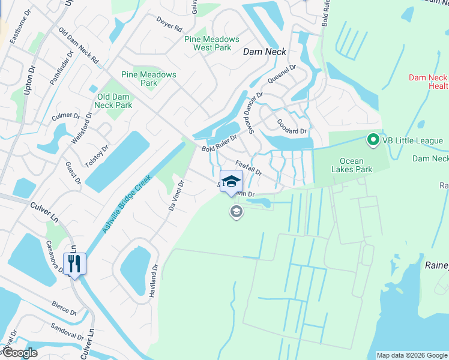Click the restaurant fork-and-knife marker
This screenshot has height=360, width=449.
74,263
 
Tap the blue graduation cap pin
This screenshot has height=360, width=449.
231,181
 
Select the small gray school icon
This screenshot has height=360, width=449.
237,211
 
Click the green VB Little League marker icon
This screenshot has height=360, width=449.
373,141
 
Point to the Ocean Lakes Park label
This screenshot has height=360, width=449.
356,165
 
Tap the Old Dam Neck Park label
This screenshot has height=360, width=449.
115,101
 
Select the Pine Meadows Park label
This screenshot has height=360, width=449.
149,79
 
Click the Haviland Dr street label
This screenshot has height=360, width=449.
152,281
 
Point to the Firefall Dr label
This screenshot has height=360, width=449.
249,167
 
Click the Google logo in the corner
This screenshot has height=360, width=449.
19,353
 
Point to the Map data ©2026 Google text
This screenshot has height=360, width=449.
411,355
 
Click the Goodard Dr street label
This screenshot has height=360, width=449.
292,127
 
